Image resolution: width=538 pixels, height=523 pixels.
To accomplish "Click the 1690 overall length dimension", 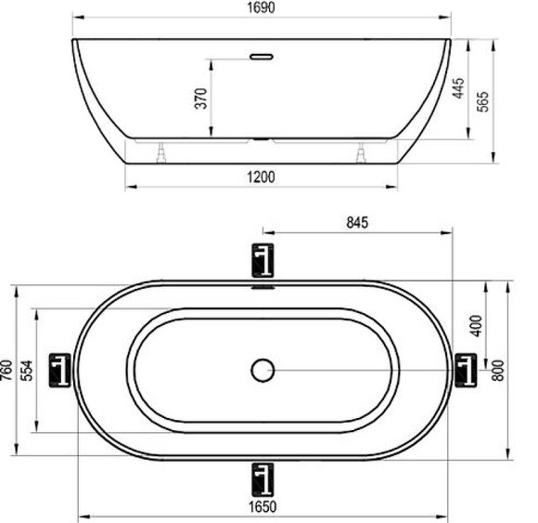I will click(262, 8).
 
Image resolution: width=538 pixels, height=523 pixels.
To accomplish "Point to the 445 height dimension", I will click(458, 89).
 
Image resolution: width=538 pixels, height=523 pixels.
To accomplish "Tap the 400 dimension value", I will click(478, 325).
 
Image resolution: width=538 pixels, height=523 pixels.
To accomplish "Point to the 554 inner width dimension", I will click(28, 371).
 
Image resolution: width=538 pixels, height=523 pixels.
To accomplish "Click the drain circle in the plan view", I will click(263, 370).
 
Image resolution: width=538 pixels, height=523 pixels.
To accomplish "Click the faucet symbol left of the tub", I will click(61, 370).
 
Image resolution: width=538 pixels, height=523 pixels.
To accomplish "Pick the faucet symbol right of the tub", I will click(464, 370).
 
